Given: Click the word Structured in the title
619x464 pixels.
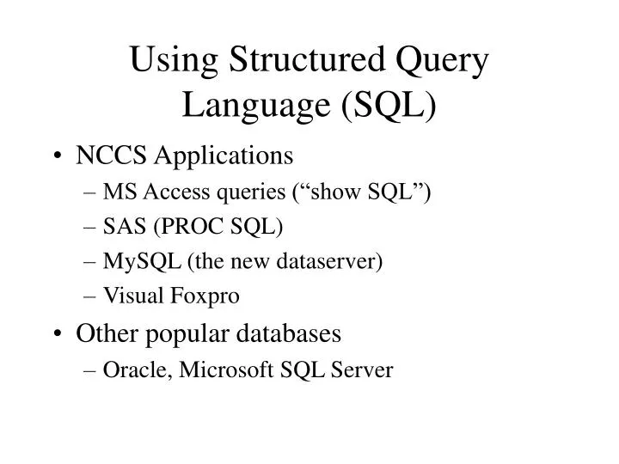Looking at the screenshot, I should [x=309, y=64].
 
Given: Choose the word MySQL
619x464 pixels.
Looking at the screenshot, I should [x=132, y=262].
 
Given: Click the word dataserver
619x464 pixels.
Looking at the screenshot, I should [x=333, y=261].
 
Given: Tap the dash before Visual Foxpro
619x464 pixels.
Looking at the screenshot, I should [x=91, y=296].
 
